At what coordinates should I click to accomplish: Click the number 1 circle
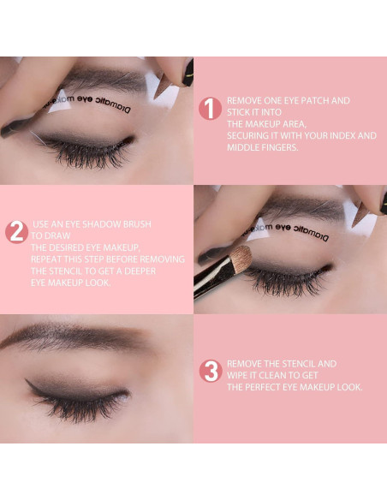(210, 109)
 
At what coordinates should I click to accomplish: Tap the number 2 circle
(15, 232)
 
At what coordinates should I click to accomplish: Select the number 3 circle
(210, 371)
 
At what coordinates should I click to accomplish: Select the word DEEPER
(162, 271)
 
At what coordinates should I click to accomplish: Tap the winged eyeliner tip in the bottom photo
(28, 383)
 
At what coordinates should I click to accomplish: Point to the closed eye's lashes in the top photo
(86, 154)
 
